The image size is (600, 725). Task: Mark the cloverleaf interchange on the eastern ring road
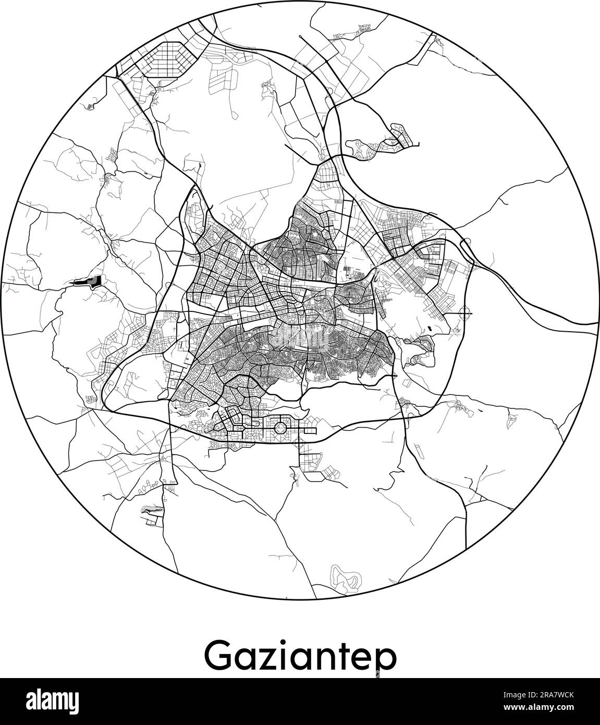point(466,313)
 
